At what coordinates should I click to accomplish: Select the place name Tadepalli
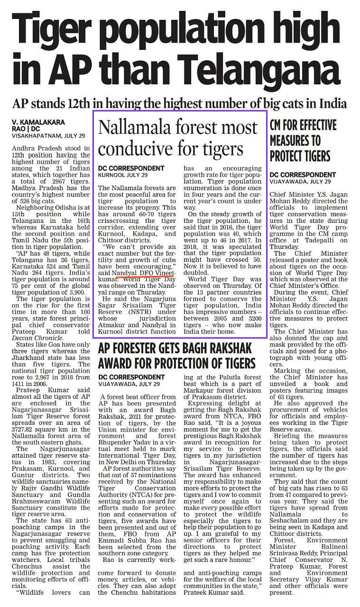312,240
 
